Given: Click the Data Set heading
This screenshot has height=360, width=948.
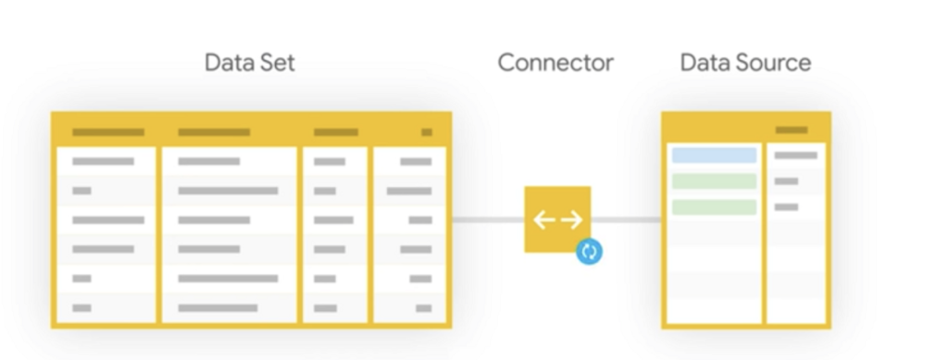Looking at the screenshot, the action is tap(250, 62).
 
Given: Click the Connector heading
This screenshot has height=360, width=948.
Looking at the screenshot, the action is tap(555, 62).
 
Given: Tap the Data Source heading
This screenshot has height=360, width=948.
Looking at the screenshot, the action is tap(745, 62).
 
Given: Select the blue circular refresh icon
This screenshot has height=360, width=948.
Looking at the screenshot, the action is tap(590, 252).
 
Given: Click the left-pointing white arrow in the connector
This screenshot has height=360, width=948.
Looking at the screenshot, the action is tap(544, 220).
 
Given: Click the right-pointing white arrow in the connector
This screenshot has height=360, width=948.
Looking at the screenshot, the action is tap(572, 220).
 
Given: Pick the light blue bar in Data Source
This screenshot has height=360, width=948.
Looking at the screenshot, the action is tap(714, 155).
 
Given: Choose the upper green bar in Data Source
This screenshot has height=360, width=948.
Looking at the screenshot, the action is tap(714, 181).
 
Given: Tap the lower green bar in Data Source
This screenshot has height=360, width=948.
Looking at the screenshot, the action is tap(714, 207).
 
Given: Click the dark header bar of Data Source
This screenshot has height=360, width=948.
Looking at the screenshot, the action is tap(792, 130).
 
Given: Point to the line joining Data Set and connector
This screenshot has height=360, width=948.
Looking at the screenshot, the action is tap(489, 219).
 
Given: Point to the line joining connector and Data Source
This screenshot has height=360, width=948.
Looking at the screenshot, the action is tap(627, 219).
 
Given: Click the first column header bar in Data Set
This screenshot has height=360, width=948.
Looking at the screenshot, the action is tap(108, 132).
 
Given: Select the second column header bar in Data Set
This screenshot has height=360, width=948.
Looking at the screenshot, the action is tap(214, 132).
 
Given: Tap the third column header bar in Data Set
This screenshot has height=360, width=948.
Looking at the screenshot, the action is tap(336, 132).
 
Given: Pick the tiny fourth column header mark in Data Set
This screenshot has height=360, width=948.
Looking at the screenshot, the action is tap(427, 132).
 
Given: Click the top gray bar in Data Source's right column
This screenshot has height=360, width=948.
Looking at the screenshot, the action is tap(795, 155).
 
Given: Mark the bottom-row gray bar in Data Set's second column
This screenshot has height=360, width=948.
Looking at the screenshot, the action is tap(218, 308).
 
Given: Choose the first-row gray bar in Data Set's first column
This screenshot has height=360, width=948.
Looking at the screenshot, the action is tap(104, 161).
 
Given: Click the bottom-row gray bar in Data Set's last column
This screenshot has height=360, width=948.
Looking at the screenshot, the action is tap(424, 308).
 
